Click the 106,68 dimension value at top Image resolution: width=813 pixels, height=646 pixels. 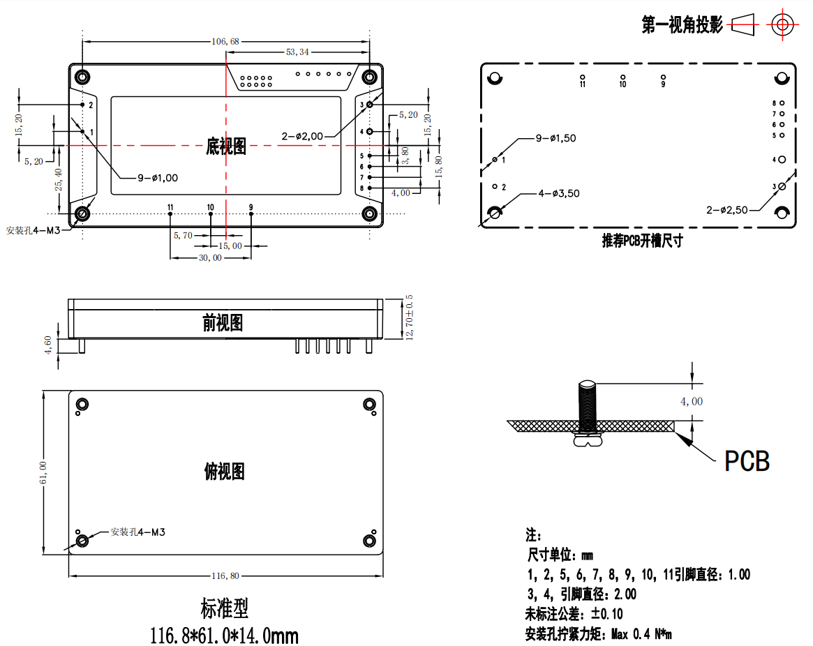coord(225,42)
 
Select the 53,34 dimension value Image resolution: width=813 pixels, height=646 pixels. coord(297,52)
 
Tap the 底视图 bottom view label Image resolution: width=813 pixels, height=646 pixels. coord(225,146)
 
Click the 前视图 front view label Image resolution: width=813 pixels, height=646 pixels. coord(223,322)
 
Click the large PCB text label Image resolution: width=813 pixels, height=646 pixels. coord(747,461)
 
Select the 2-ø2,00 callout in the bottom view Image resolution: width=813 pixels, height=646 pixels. coord(302,136)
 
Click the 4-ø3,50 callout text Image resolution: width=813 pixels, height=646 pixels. coord(558,193)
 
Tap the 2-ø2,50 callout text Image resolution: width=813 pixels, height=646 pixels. coord(727,209)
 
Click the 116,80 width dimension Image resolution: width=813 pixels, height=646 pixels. coord(225,576)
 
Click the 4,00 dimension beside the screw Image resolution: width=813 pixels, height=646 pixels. coord(692,401)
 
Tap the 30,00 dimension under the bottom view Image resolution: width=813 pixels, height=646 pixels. coord(210,257)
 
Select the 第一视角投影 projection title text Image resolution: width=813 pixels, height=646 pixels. coord(682,26)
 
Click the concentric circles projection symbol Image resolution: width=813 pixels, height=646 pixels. coord(782,25)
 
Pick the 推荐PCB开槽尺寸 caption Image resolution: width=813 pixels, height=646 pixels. coord(642,241)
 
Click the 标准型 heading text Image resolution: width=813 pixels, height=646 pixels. coord(224,609)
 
